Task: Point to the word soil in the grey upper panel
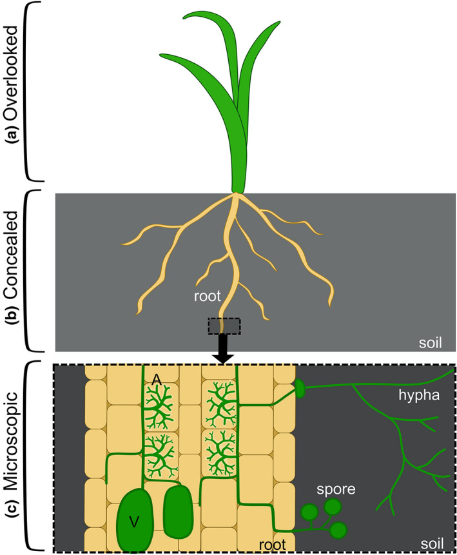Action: pos(429,342)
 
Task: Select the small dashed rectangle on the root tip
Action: pos(223,326)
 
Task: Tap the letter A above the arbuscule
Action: pos(156,381)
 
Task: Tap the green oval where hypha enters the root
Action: pos(300,388)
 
